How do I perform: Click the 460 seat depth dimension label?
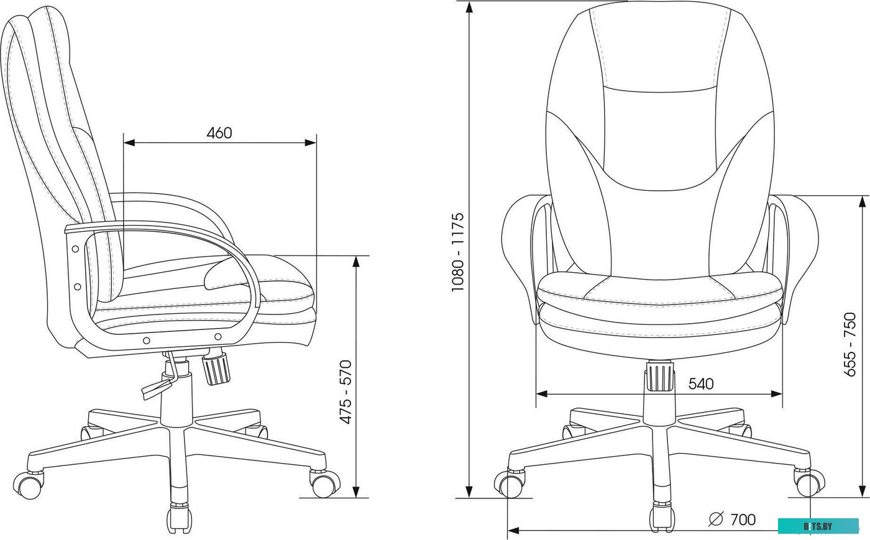pyautogui.click(x=219, y=133)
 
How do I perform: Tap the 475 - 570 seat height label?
pyautogui.click(x=346, y=392)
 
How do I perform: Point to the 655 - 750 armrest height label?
pyautogui.click(x=850, y=344)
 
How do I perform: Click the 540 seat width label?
pyautogui.click(x=701, y=384)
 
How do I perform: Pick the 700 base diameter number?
pyautogui.click(x=743, y=519)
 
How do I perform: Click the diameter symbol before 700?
pyautogui.click(x=716, y=519)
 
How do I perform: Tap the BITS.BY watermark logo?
pyautogui.click(x=818, y=526)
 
